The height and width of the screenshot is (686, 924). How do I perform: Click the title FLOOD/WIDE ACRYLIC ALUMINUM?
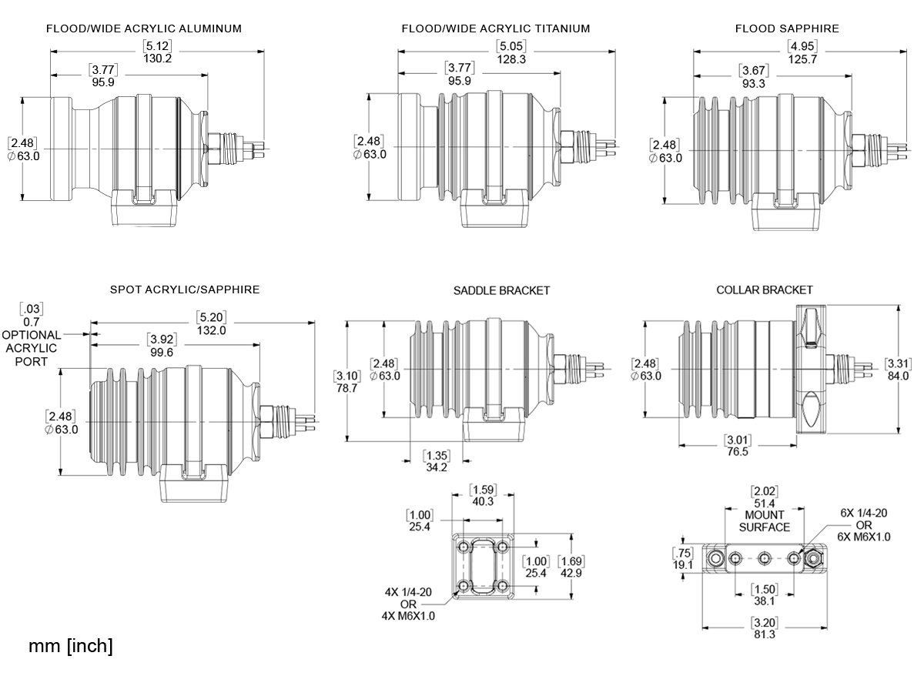tap(144, 28)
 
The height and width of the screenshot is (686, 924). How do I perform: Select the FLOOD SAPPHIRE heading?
tap(787, 28)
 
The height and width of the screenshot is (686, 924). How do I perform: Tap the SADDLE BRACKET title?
tap(501, 290)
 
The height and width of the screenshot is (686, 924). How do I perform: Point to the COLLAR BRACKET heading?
tap(765, 290)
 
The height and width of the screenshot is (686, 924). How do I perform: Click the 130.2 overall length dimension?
tap(157, 59)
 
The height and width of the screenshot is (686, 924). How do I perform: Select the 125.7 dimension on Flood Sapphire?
tap(802, 59)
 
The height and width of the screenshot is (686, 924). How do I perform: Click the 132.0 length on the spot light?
tap(211, 331)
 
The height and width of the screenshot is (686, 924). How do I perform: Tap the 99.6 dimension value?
tap(162, 353)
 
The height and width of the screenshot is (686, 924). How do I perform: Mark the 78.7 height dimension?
tap(346, 389)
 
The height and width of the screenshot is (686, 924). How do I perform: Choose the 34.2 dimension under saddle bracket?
tap(436, 467)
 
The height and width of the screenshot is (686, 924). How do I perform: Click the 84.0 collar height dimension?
tap(899, 376)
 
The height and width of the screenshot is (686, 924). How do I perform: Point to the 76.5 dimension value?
tap(738, 452)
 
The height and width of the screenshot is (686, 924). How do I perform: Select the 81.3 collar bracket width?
tap(765, 634)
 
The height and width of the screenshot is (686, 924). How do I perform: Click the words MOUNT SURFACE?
tap(765, 520)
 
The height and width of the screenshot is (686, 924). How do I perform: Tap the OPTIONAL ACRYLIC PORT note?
tap(32, 348)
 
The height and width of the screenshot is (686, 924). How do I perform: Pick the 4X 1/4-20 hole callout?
tap(410, 593)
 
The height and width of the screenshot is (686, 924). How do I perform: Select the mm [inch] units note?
tap(71, 647)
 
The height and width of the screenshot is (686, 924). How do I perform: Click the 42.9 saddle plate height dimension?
tap(571, 574)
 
